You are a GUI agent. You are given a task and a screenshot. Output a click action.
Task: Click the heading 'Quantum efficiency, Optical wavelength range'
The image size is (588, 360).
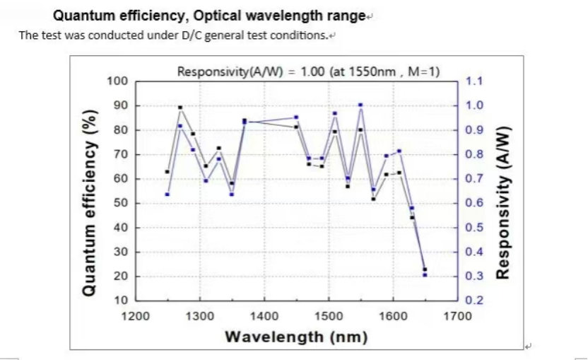[210, 15]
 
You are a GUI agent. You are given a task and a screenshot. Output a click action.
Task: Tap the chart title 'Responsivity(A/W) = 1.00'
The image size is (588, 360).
[308, 71]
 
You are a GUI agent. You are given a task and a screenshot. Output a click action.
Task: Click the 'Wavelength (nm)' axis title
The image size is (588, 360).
[296, 337]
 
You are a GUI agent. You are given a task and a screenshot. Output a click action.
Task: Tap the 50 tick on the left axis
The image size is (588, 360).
[120, 204]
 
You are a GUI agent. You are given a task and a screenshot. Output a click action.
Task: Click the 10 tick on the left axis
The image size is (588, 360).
[120, 301]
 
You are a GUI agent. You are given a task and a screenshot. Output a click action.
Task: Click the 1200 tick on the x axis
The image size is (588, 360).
[136, 315]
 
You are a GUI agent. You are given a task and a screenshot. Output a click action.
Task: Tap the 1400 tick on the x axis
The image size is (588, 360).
[264, 315]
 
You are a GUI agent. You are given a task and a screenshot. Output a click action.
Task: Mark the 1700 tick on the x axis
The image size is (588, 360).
[457, 315]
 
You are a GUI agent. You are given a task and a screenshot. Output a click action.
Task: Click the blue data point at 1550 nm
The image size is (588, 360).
[360, 105]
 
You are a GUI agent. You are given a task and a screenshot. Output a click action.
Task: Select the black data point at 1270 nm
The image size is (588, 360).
[180, 108]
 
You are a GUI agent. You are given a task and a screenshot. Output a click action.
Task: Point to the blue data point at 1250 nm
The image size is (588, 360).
[167, 194]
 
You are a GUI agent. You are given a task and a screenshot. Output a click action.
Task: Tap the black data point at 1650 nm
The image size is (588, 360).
[425, 269]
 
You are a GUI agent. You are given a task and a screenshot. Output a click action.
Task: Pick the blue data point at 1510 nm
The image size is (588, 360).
[335, 113]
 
